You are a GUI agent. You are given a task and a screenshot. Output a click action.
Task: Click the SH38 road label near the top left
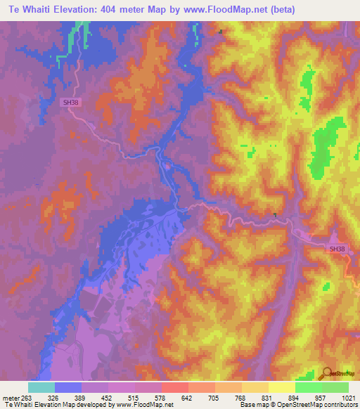[x=70, y=102]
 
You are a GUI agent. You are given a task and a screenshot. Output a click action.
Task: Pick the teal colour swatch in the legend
[x=41, y=387]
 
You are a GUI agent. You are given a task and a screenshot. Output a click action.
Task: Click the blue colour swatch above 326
[x=67, y=387]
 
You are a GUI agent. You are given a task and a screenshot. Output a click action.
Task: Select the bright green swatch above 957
[x=309, y=387]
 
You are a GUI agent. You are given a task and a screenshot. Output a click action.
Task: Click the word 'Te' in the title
[x=15, y=9]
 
